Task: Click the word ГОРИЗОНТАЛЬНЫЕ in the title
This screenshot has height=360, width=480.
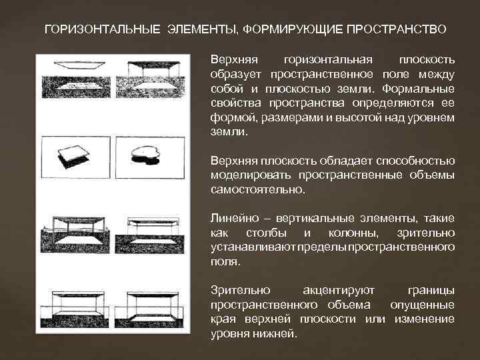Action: point(102,29)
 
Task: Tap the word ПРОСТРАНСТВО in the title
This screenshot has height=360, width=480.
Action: point(397,29)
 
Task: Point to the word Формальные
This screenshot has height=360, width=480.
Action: point(418,89)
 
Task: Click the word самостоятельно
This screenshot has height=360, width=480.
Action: point(258,189)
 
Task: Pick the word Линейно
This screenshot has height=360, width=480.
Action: point(235,218)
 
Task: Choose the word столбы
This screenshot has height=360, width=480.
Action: point(266,233)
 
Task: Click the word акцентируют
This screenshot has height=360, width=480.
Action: point(339,291)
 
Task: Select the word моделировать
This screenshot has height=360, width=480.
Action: point(251,175)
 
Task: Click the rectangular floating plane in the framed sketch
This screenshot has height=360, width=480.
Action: point(74,153)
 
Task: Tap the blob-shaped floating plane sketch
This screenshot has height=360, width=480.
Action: point(146,151)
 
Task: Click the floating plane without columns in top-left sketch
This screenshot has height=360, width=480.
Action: point(79,65)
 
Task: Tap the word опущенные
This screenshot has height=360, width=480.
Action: point(423,305)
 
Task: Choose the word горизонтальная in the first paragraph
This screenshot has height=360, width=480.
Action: point(328,60)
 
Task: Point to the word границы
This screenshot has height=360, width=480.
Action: point(431,291)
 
